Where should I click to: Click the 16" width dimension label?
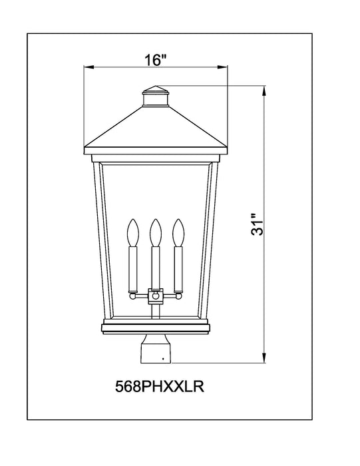154,60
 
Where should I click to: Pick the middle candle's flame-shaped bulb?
156,232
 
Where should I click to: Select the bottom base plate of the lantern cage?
156,326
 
